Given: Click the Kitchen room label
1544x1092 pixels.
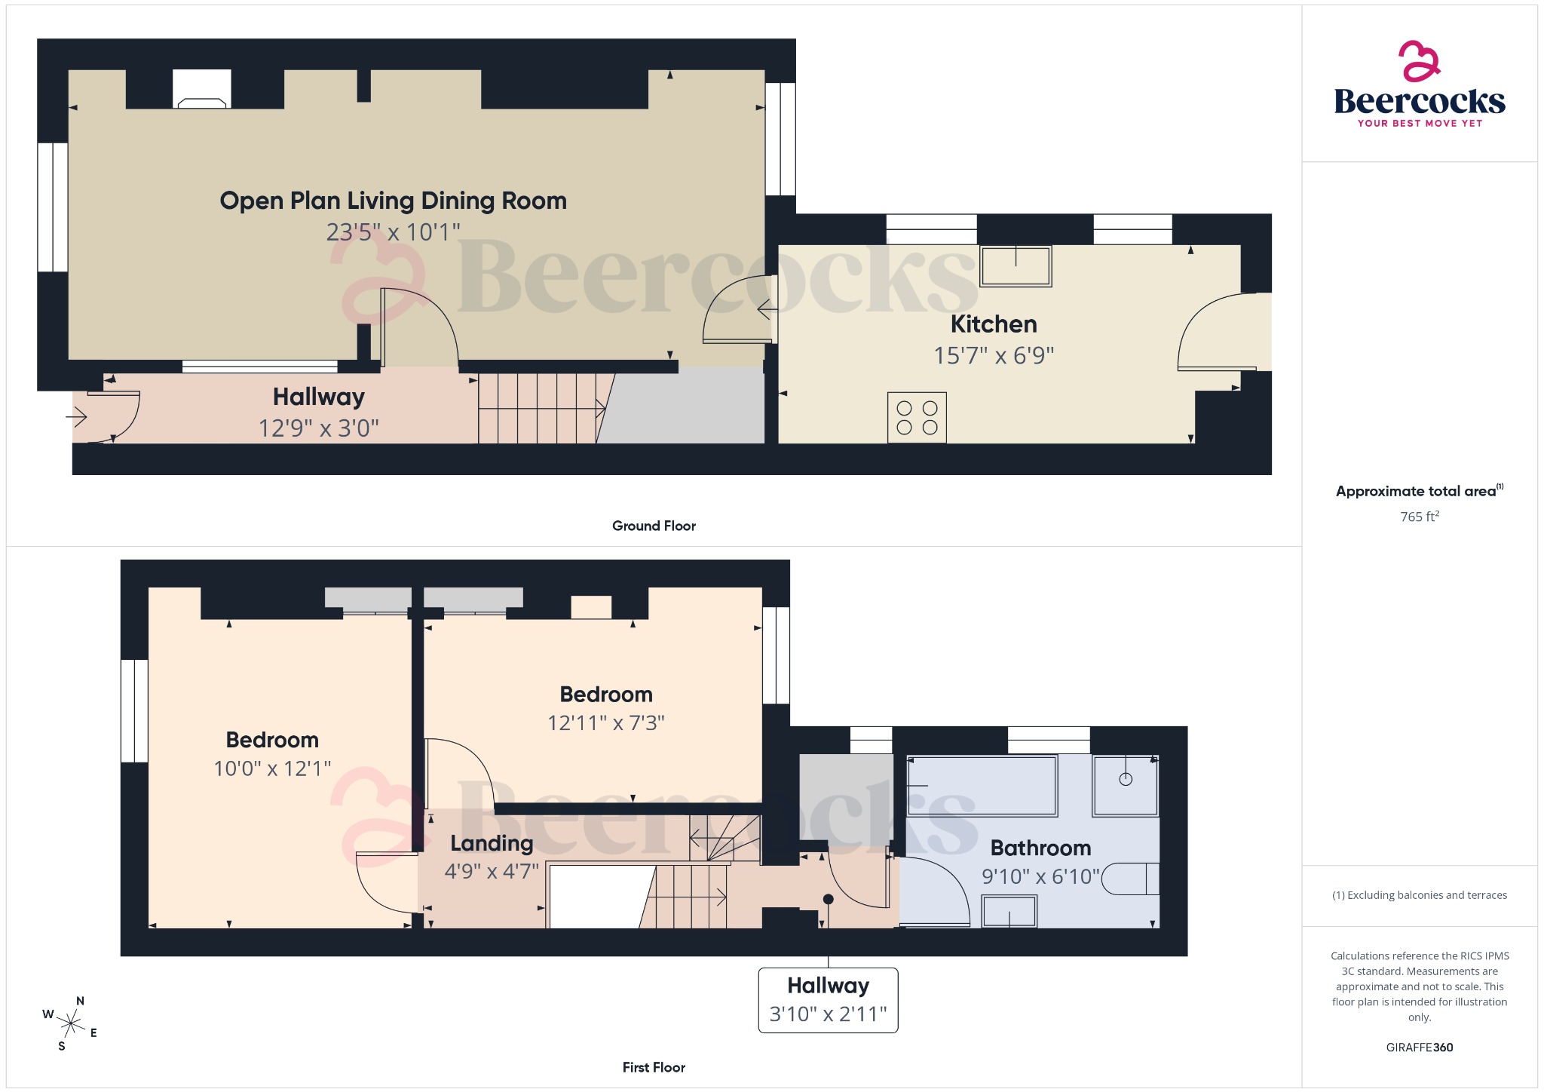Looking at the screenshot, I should click(x=994, y=324).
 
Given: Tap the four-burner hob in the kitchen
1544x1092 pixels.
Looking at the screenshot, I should click(x=917, y=417).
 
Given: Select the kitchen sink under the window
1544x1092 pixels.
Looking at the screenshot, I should click(x=1016, y=266).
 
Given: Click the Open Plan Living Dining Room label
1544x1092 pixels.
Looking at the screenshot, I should click(x=393, y=201).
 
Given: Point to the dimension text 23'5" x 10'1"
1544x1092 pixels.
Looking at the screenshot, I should click(x=393, y=232).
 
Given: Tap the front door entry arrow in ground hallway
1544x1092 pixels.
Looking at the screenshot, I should click(x=78, y=416).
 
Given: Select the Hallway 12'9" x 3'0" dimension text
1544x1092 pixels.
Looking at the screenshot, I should click(x=318, y=428).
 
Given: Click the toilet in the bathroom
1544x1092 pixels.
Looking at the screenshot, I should click(x=1131, y=879).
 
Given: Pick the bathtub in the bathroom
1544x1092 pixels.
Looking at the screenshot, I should click(x=982, y=786).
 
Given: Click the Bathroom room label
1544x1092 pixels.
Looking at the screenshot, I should click(x=1040, y=848).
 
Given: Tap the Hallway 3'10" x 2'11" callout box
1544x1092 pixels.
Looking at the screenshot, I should click(x=828, y=1000).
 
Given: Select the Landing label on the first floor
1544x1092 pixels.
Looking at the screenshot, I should click(x=492, y=843).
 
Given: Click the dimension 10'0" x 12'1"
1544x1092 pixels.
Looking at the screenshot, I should click(x=272, y=768).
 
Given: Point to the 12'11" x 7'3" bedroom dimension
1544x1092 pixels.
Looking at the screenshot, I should click(x=606, y=723).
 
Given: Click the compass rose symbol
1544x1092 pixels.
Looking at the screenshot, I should click(x=71, y=1024).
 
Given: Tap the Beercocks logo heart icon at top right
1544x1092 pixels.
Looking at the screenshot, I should click(x=1419, y=61).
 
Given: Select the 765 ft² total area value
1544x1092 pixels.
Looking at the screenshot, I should click(x=1419, y=517).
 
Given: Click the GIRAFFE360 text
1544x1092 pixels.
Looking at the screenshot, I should click(x=1419, y=1047).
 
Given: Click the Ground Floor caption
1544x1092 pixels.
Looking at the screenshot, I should click(x=654, y=526).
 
